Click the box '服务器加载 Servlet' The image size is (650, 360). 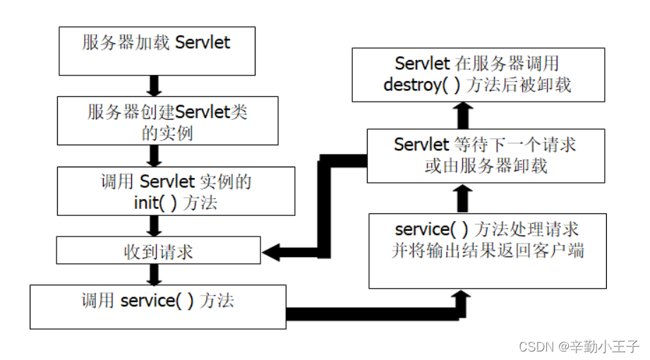tap(156, 50)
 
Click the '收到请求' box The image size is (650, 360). tap(157, 251)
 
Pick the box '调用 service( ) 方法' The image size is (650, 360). tap(157, 306)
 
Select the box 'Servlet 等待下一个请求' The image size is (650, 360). tap(485, 155)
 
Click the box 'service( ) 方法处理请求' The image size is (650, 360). tap(488, 250)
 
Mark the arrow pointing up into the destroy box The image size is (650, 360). tap(462, 113)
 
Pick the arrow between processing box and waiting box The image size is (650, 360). tap(462, 198)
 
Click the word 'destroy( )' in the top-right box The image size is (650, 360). tap(416, 85)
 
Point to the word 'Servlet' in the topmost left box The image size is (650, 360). tap(203, 42)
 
